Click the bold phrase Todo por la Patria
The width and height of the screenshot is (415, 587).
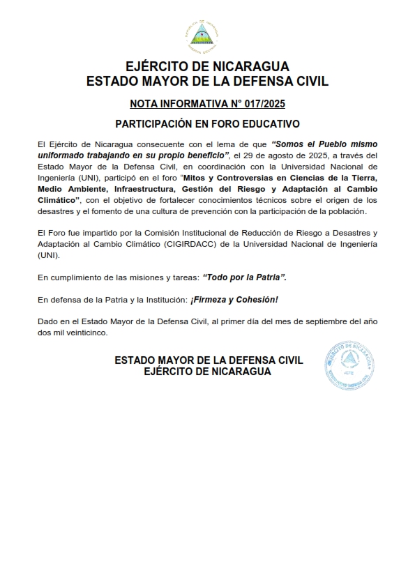coord(244,277)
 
